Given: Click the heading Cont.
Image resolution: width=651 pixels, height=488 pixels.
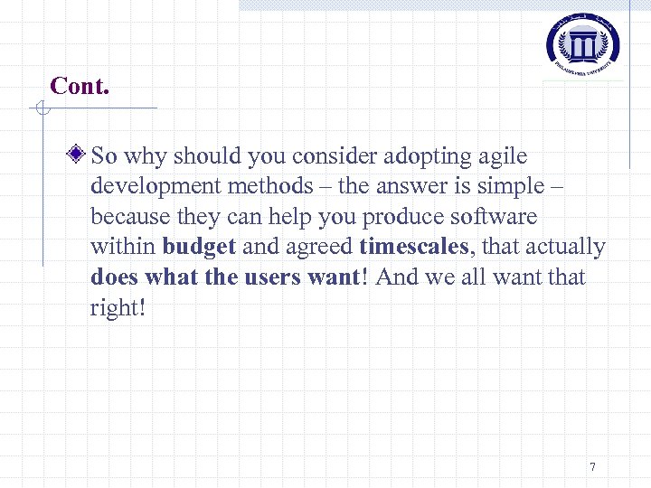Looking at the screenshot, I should click(80, 86).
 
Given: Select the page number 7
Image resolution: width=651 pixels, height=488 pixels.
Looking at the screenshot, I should click(592, 467).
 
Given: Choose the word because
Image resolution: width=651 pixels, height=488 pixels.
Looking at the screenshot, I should click(126, 217).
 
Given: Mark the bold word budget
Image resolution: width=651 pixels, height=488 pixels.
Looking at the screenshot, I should click(199, 247).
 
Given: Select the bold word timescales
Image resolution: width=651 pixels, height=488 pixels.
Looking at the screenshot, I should click(413, 247).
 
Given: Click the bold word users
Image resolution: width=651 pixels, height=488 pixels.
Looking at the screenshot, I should click(276, 277).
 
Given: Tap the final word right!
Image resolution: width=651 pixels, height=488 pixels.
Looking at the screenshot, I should click(118, 307).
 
